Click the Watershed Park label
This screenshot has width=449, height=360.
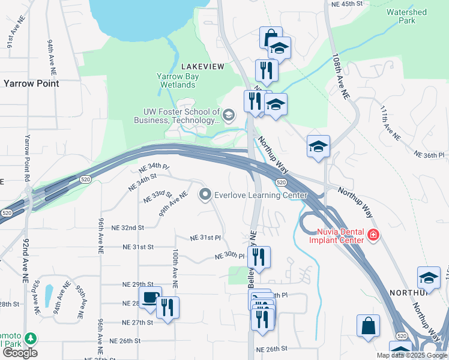pos(406,16)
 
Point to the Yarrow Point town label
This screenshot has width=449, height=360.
pos(31,84)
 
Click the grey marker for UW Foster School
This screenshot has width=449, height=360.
pos(228,114)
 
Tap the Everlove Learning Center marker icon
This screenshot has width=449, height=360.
pos(206,194)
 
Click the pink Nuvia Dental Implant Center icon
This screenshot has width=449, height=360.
pos(373,235)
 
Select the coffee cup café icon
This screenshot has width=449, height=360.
pos(149,298)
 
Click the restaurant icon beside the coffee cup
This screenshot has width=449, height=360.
pos(167,307)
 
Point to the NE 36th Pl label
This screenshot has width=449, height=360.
pos(432,155)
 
